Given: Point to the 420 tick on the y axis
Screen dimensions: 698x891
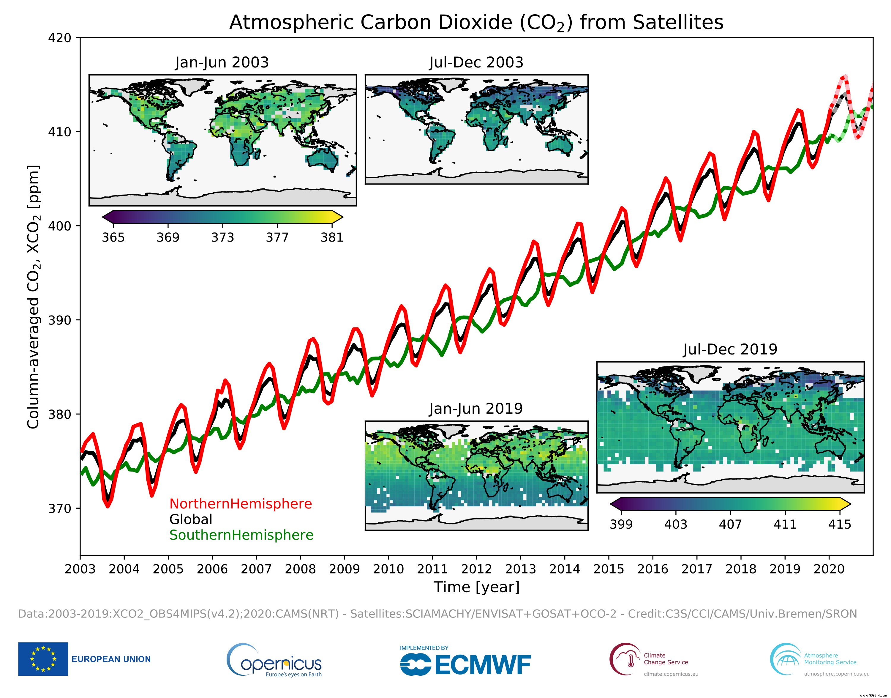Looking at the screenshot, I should pyautogui.click(x=60, y=38).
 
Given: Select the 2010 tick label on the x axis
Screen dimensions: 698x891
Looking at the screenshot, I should pyautogui.click(x=388, y=569).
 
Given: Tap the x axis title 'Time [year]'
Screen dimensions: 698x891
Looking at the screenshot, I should pyautogui.click(x=476, y=587).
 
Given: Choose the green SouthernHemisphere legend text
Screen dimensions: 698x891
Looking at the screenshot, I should pyautogui.click(x=241, y=535).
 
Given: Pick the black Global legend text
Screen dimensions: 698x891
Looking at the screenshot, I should pyautogui.click(x=191, y=519).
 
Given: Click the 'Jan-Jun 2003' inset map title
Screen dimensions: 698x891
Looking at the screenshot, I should pyautogui.click(x=222, y=62).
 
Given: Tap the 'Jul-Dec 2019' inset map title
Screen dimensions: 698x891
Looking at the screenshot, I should pyautogui.click(x=730, y=349).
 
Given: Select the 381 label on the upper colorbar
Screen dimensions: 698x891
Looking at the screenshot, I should pyautogui.click(x=332, y=237).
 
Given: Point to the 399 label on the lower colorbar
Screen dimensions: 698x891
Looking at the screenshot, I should pyautogui.click(x=621, y=524).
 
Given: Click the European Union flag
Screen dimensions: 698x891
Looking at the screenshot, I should pyautogui.click(x=43, y=659).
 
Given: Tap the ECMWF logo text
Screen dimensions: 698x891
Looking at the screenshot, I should pyautogui.click(x=482, y=665).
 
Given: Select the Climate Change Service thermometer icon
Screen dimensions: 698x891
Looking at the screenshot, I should pyautogui.click(x=630, y=660).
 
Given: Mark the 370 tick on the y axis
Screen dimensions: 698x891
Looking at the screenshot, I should pyautogui.click(x=60, y=508).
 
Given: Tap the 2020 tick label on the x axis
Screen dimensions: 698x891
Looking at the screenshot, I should pyautogui.click(x=829, y=569).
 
